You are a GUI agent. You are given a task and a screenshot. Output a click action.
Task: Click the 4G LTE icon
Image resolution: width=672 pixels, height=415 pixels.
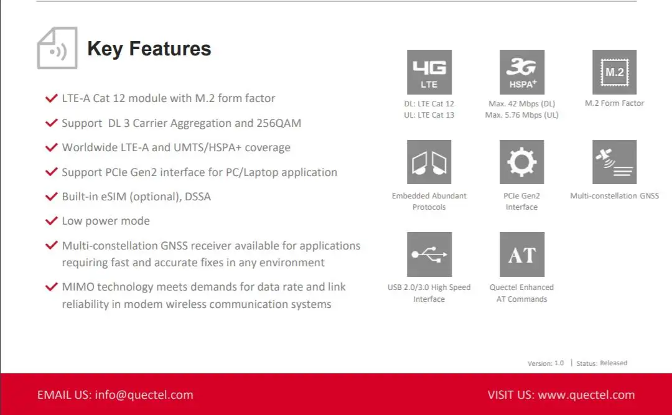pos(429,72)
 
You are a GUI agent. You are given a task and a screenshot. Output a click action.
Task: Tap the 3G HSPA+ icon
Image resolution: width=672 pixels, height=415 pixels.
pos(521,72)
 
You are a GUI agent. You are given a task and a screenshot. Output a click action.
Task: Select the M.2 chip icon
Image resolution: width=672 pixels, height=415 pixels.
pos(614,72)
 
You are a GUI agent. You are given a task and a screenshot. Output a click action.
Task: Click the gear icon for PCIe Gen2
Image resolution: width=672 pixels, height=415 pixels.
pos(521,162)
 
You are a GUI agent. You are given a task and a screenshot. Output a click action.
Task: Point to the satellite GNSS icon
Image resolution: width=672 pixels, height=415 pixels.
pos(614,162)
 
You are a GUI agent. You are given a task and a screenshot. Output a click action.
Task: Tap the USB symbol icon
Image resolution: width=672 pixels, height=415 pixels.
pos(429,254)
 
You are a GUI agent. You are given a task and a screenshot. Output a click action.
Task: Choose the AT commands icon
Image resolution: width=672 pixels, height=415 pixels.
pos(521,254)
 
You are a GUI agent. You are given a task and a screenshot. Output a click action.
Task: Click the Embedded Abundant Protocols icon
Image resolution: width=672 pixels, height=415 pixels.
pos(429,162)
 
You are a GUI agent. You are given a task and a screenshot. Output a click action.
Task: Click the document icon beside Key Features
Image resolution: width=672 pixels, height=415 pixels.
pos(57,48)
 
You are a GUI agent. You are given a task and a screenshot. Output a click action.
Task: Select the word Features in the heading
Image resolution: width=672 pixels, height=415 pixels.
pos(170,49)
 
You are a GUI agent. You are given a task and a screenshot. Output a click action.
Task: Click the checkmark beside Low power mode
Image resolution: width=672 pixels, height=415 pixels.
pos(52,221)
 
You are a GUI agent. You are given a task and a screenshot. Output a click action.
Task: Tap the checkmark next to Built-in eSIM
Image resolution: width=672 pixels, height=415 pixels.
pos(52,197)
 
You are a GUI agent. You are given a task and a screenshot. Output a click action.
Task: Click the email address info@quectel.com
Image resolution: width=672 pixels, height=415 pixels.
pos(144,394)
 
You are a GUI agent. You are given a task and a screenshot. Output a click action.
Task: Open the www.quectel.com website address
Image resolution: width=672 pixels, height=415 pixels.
pos(586,394)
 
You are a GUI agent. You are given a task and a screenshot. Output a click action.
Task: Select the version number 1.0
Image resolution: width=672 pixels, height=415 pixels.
pos(559,363)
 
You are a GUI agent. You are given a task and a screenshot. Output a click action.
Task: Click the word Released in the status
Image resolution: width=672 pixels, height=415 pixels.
pos(614,363)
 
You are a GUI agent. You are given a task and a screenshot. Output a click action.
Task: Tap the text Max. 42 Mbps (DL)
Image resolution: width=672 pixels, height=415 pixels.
pos(521,104)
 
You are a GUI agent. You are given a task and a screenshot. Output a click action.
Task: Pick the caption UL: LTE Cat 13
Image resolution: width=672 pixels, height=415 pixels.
pos(429,115)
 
